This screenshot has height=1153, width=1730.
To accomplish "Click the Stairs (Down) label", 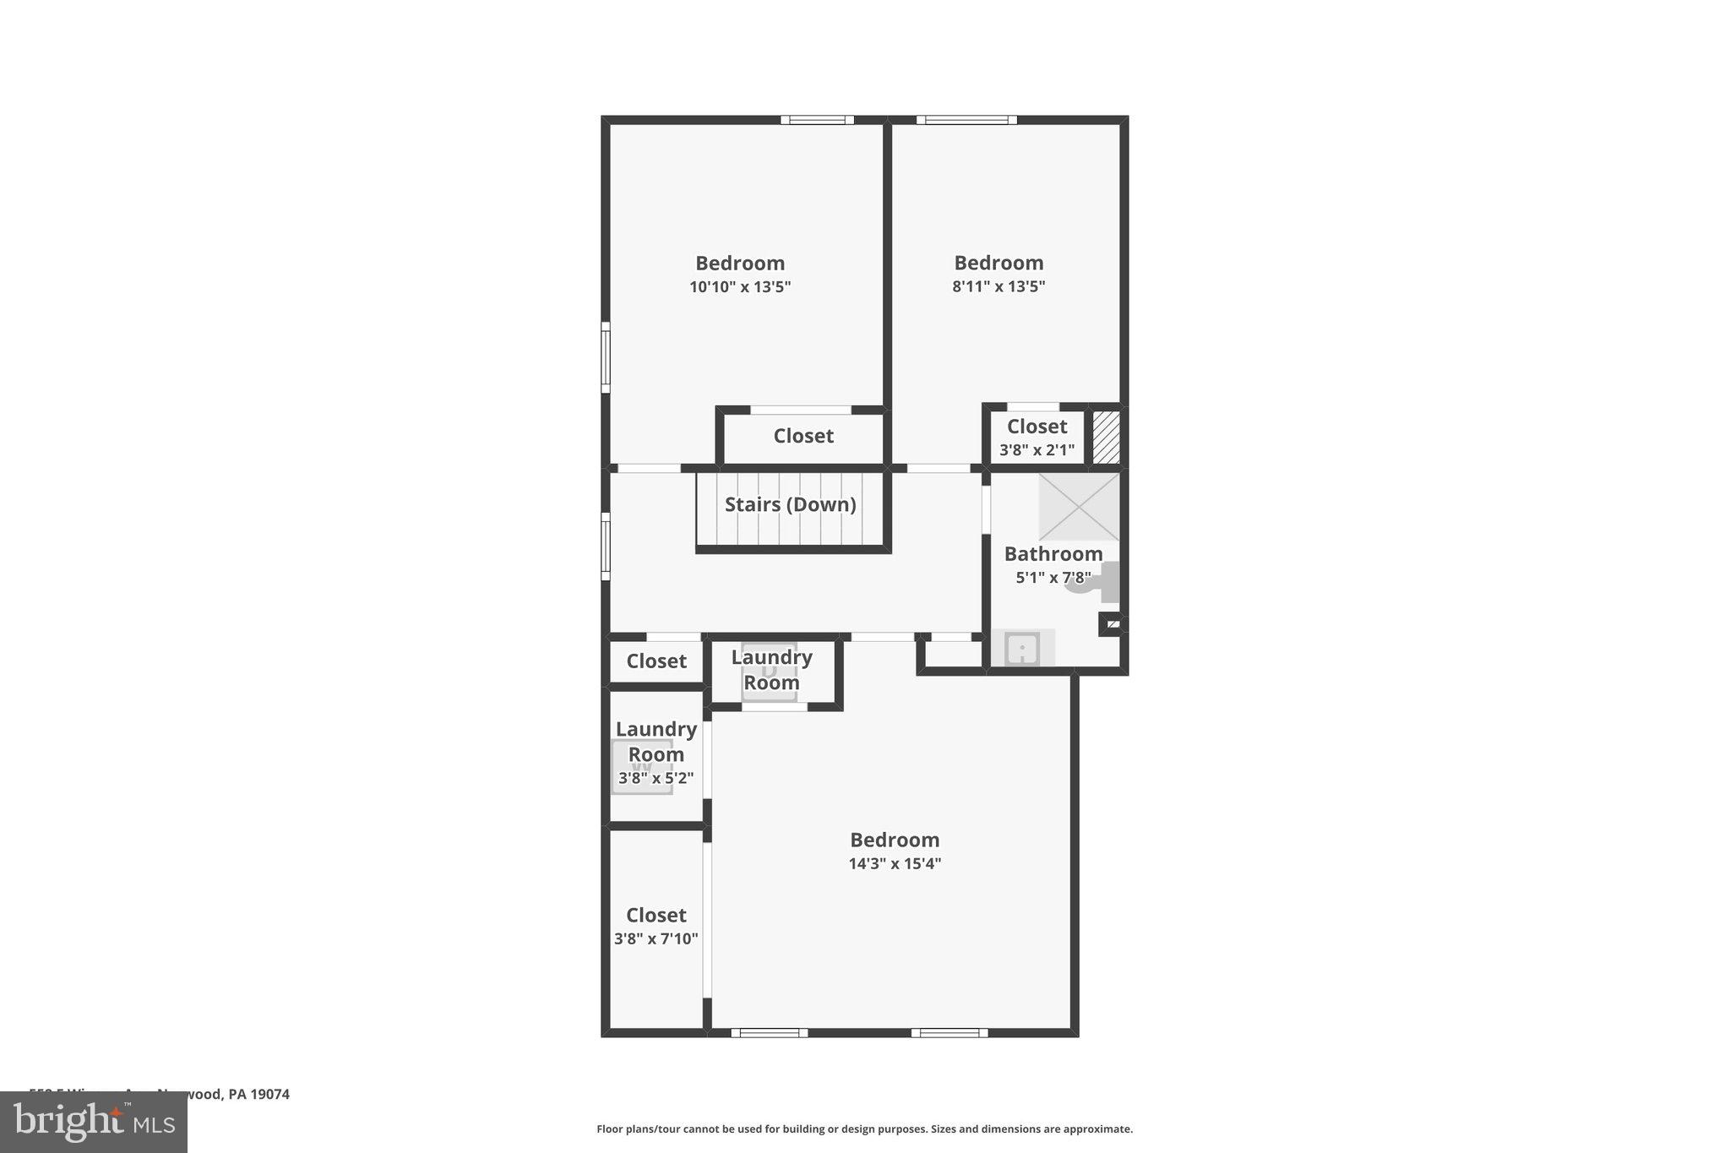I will click(790, 504).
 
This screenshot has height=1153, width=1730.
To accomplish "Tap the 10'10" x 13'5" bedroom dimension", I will click(740, 287).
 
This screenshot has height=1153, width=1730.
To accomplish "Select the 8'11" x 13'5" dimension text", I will click(998, 286).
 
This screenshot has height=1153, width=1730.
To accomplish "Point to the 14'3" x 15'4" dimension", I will click(895, 863).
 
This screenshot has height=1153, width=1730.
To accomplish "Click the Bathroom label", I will click(1053, 554).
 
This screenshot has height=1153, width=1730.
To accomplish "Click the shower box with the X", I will click(1079, 507).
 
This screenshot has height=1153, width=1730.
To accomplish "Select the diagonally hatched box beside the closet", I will click(1106, 437).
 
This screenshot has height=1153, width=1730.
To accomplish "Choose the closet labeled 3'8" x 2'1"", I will click(1036, 437).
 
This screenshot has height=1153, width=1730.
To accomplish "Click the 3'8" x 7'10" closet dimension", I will click(656, 938).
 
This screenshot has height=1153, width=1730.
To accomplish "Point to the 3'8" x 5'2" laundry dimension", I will click(656, 779).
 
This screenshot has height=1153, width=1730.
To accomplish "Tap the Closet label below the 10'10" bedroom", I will click(803, 436).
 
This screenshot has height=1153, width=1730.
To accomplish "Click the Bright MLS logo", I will click(94, 1122).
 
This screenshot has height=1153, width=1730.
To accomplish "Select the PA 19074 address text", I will click(258, 1094).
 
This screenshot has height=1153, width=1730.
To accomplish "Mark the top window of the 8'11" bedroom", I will click(966, 120).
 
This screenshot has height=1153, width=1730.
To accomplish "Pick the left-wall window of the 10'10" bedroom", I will click(606, 357).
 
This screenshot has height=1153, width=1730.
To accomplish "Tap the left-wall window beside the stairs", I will click(606, 546).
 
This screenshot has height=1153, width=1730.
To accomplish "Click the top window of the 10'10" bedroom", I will click(817, 120).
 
